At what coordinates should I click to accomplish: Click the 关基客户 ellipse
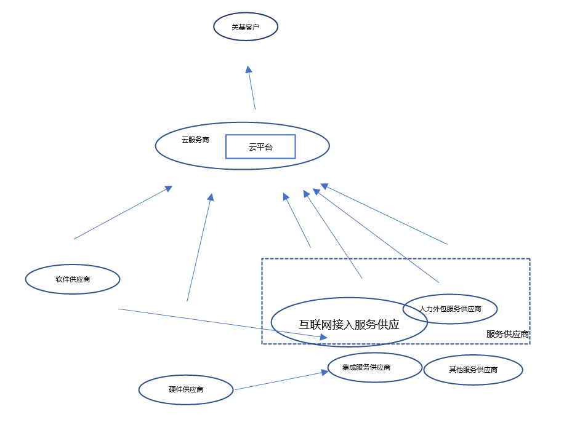[246, 27]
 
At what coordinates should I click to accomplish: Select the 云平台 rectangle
[260, 146]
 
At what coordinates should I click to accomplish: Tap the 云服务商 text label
[195, 140]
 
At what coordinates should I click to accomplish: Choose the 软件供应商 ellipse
[73, 279]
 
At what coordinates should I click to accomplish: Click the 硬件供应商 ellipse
[186, 389]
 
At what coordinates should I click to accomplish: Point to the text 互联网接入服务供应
[349, 325]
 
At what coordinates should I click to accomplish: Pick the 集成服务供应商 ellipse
[374, 368]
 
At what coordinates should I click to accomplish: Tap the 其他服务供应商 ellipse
[473, 370]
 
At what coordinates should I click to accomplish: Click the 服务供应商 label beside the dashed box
[507, 334]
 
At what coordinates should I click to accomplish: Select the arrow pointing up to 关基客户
[251, 88]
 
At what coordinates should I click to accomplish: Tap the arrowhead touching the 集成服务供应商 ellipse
[324, 372]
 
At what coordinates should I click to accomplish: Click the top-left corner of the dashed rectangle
[262, 259]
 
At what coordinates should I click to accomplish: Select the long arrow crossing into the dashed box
[222, 323]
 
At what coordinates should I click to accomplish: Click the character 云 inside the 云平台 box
[252, 147]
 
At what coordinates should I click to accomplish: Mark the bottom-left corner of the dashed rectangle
[262, 343]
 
